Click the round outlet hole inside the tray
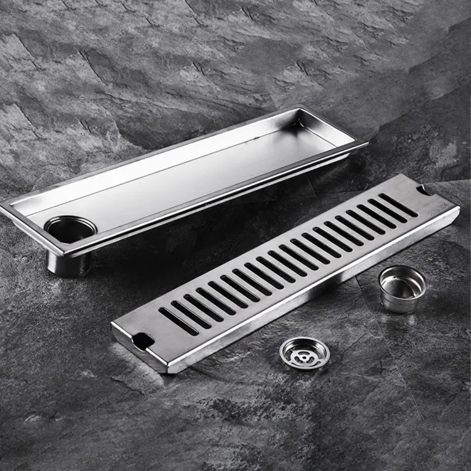coord(70,230)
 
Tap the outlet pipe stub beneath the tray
coord(68,262)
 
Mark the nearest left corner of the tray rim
coord(5,208)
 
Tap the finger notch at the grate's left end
coord(143,340)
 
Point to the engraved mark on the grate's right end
coord(440,208)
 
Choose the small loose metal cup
coord(402,288)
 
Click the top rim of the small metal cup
coord(402,270)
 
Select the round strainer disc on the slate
coord(304,353)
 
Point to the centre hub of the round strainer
coord(304,353)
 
